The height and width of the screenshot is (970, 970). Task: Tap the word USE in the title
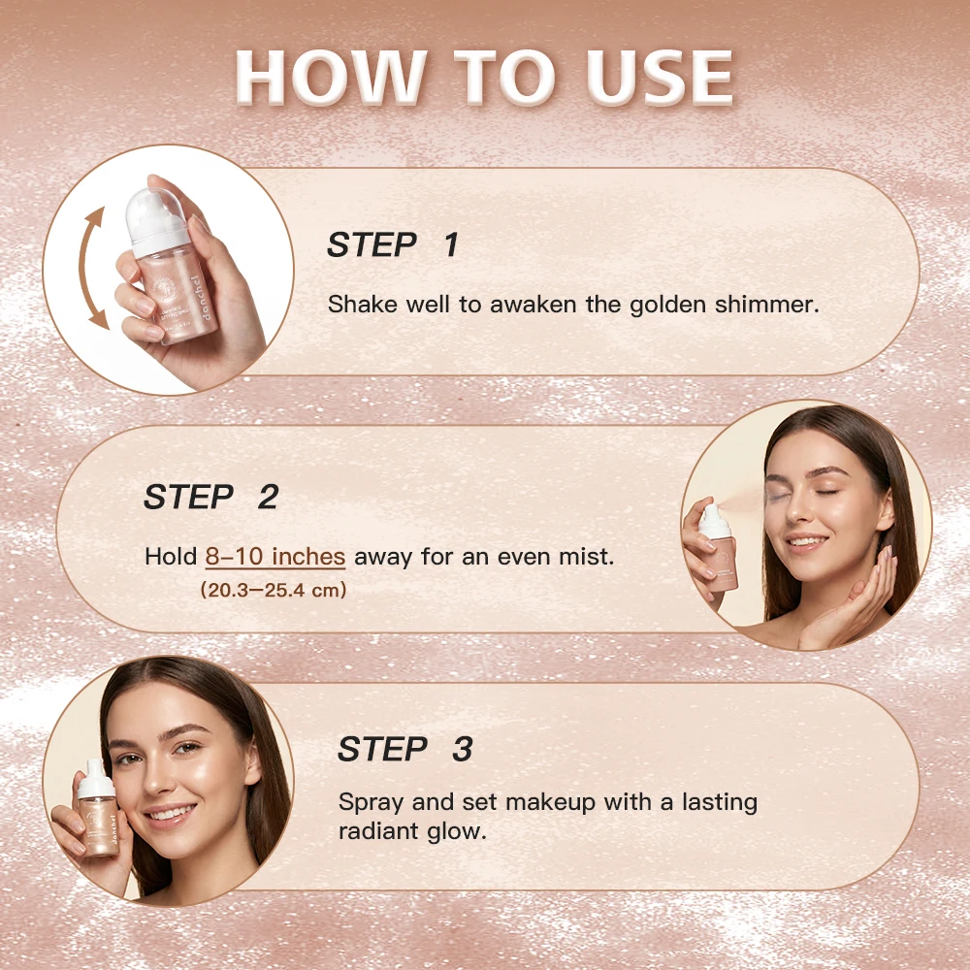pyautogui.click(x=660, y=77)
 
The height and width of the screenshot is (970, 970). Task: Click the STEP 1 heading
pyautogui.click(x=393, y=244)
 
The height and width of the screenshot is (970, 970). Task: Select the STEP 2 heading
pyautogui.click(x=210, y=497)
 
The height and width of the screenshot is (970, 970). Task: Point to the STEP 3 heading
pyautogui.click(x=405, y=749)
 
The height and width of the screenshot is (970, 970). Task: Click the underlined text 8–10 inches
pyautogui.click(x=275, y=557)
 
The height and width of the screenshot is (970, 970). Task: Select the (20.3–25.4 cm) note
pyautogui.click(x=274, y=590)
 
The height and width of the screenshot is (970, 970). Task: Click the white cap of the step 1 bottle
pyautogui.click(x=156, y=221)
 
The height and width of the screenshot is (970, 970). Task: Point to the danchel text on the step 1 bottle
pyautogui.click(x=208, y=298)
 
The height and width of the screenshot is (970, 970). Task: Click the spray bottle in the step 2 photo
pyautogui.click(x=717, y=547)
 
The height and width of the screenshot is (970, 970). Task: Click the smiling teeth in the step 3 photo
pyautogui.click(x=173, y=812)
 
